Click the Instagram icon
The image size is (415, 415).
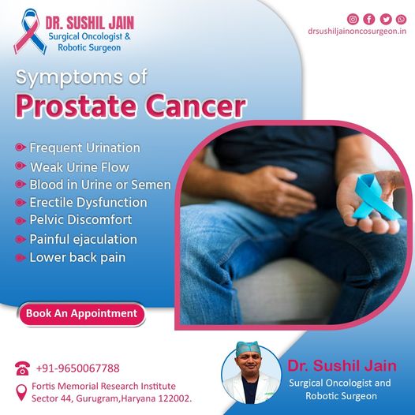(353, 19)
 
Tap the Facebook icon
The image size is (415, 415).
(369, 19)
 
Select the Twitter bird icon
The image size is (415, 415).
(386, 19)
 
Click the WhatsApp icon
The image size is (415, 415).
(401, 19)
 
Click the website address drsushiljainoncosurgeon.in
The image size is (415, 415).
(357, 32)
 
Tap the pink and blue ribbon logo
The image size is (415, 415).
(30, 32)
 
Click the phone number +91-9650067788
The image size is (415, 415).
(77, 368)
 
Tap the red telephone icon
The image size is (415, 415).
(22, 368)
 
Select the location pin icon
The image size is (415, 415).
(21, 392)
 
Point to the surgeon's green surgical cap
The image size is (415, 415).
(247, 349)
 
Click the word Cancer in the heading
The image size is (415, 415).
(196, 107)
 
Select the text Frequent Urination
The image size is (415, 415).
(84, 148)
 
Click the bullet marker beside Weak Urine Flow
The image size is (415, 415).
(21, 166)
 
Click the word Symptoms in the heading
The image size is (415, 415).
(69, 78)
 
